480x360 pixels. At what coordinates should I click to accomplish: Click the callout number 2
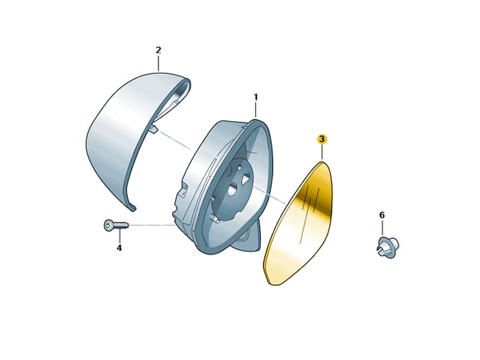pyautogui.click(x=158, y=50)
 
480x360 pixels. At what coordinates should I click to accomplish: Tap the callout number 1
pyautogui.click(x=256, y=97)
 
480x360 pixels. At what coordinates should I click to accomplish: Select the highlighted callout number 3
pyautogui.click(x=322, y=139)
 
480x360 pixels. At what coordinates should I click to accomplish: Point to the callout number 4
pyautogui.click(x=119, y=248)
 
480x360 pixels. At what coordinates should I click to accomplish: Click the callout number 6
pyautogui.click(x=382, y=215)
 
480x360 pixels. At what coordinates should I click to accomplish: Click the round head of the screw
pyautogui.click(x=109, y=226)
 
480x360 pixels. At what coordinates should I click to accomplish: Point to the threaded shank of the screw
pyautogui.click(x=121, y=226)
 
